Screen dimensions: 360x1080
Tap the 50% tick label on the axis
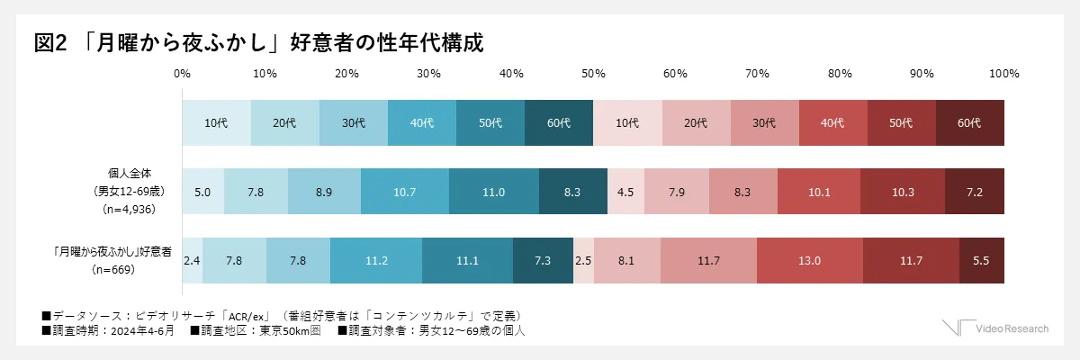tap(592, 73)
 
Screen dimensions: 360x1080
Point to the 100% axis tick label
tap(1003, 73)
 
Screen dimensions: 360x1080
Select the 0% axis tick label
tap(182, 73)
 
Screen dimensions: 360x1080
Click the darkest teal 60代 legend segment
tap(559, 123)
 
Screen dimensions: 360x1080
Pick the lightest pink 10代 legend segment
tap(627, 123)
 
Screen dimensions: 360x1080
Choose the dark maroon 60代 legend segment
tap(970, 123)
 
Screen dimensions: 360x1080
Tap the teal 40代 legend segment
tap(422, 123)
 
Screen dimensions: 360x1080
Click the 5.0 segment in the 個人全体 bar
tap(202, 191)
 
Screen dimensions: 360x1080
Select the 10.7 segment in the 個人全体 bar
tap(404, 191)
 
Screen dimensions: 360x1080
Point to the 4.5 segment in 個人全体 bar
tap(626, 191)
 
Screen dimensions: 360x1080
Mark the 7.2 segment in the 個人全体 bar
tap(975, 191)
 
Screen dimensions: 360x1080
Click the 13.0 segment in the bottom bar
tap(810, 260)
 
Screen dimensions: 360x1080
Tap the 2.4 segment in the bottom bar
tap(192, 260)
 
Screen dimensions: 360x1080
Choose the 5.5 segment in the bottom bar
tap(982, 260)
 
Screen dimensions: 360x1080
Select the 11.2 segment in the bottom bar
tap(376, 260)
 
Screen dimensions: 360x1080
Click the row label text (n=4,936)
tap(132, 208)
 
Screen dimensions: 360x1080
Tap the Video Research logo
tap(995, 328)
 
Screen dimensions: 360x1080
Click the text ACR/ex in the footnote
tap(243, 316)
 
